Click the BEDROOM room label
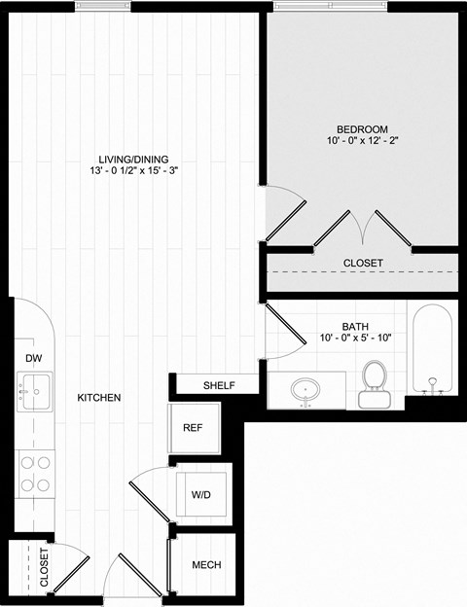click(x=362, y=129)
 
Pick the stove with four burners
click(x=34, y=475)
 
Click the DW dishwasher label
click(x=32, y=358)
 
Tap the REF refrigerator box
click(x=193, y=427)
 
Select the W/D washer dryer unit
click(x=200, y=494)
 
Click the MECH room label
click(x=205, y=565)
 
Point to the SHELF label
click(x=219, y=386)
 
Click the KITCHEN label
click(x=99, y=398)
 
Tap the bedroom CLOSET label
click(x=363, y=264)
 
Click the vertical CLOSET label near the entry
click(x=45, y=566)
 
